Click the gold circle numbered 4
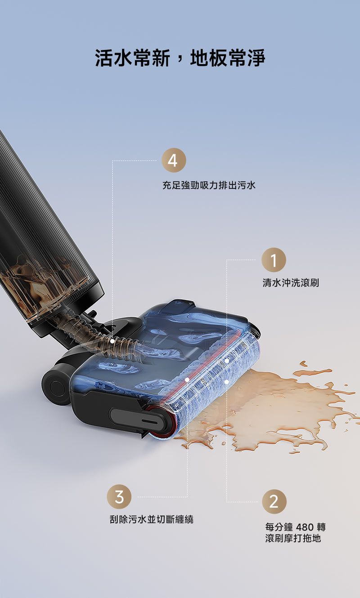(174, 160)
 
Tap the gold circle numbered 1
(274, 260)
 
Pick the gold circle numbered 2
(274, 501)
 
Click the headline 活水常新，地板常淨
(180, 58)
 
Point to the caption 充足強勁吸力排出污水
(209, 185)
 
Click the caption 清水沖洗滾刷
(291, 282)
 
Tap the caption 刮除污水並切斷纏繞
(152, 519)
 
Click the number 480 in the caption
(305, 527)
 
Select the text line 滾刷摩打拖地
(293, 538)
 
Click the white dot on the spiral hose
(112, 341)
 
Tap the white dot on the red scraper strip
(187, 379)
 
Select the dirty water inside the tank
(40, 288)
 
